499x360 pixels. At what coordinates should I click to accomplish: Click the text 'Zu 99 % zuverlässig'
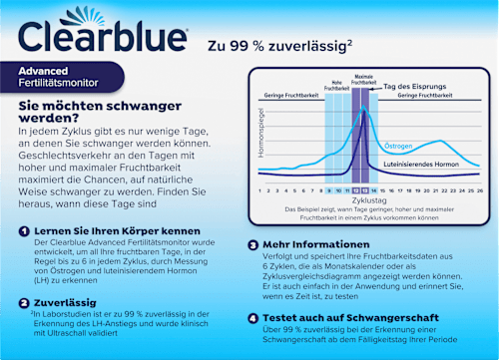point(280,45)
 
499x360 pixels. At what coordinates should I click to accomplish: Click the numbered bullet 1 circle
point(25,230)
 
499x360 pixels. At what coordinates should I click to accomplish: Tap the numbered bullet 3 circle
point(253,243)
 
